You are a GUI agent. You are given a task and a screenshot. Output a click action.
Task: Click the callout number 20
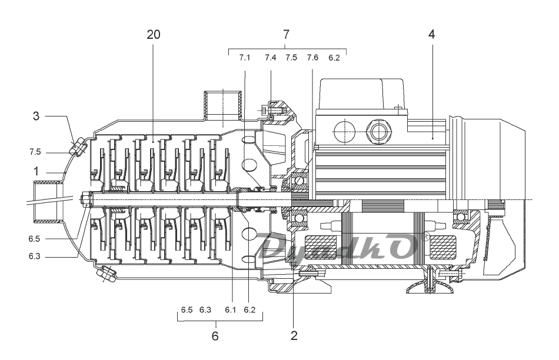point(154,35)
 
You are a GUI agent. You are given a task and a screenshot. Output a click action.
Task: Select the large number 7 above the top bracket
point(287,35)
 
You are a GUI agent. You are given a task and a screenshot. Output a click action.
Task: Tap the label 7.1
point(245,58)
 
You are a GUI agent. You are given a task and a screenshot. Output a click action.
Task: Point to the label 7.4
point(270,58)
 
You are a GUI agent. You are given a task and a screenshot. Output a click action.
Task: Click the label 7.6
point(312,58)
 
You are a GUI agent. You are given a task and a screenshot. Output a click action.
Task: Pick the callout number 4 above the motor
point(432,35)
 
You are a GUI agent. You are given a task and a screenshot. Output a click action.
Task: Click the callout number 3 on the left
point(36,116)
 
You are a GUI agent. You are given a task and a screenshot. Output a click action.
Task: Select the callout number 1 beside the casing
point(36,171)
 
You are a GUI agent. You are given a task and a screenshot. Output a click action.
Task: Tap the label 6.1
point(230,310)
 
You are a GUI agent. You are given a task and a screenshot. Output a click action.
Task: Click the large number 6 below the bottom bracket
point(215,336)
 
